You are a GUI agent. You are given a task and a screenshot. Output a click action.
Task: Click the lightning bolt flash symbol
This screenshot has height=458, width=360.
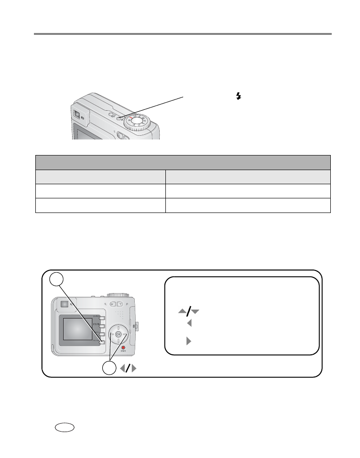tap(238, 96)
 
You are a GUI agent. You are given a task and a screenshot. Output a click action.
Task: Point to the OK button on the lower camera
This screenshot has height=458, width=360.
tap(118, 334)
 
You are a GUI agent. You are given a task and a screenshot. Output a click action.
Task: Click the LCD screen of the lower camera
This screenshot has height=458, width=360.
tap(78, 329)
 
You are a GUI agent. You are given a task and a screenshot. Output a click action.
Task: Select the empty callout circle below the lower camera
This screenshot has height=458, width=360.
tap(109, 368)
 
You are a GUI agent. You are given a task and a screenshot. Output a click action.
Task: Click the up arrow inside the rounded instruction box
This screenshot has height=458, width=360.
tap(182, 311)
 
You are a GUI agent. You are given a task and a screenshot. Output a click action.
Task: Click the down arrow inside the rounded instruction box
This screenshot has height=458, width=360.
tap(195, 311)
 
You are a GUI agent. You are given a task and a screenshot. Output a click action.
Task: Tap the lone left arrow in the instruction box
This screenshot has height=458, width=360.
tap(189, 324)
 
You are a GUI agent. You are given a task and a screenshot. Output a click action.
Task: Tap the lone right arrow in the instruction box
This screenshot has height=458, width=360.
tap(189, 341)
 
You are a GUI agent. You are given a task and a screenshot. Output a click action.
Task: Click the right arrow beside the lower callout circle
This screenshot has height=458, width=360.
tap(134, 368)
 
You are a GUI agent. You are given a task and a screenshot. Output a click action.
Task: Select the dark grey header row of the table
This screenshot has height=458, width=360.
tap(183, 162)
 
